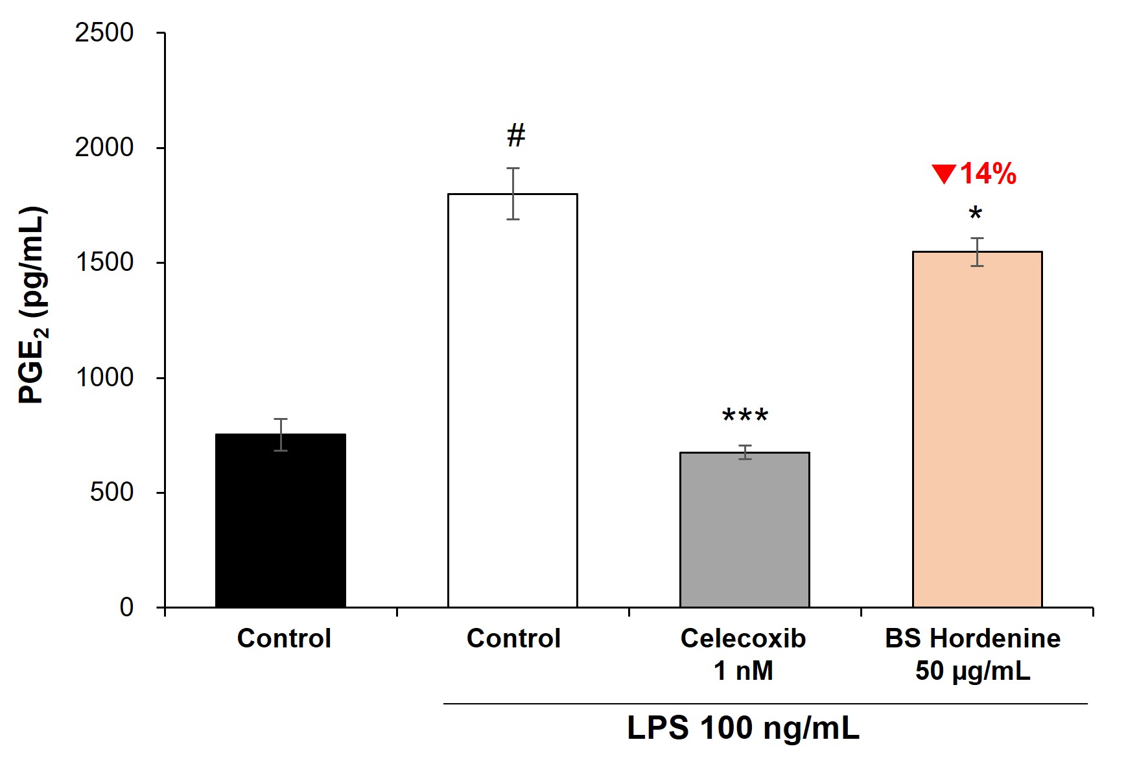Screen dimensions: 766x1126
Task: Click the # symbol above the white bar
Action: point(516,136)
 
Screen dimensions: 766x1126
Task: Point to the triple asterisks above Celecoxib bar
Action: point(745,415)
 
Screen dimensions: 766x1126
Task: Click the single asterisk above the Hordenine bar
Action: point(975,213)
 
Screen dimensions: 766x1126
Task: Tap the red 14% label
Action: point(988,174)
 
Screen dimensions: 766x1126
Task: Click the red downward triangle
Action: point(944,174)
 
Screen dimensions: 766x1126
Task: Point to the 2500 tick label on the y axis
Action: point(104,32)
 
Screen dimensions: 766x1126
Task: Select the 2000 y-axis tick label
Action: point(104,148)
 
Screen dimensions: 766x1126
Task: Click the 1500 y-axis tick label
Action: point(104,262)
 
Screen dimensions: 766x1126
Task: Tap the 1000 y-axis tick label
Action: point(104,377)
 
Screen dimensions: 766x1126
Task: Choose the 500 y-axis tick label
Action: point(111,493)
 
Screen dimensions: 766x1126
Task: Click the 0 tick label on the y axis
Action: point(126,607)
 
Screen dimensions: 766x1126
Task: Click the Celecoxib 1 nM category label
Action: point(743,654)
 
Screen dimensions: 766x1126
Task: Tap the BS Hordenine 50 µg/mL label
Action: point(972,654)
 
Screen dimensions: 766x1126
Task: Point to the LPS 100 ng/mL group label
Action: point(743,728)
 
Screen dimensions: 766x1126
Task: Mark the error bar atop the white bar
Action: point(513,193)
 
